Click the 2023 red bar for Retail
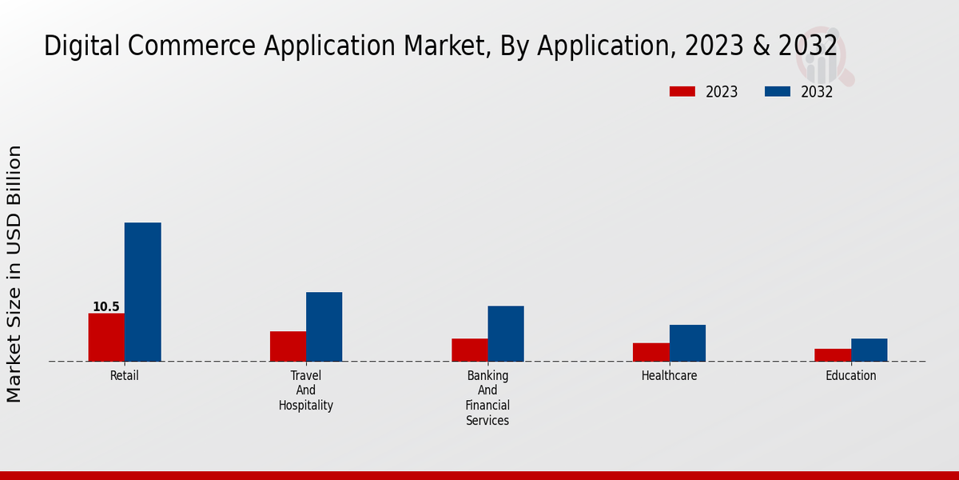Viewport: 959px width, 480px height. (x=106, y=337)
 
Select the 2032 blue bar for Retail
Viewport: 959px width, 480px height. (x=142, y=292)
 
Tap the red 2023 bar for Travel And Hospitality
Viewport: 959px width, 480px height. (x=288, y=346)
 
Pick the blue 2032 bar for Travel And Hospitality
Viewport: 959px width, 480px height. (x=324, y=326)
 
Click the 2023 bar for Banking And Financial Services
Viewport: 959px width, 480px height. (x=469, y=350)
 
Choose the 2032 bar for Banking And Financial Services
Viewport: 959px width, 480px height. (x=506, y=334)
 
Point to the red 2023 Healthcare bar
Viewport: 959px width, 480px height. (x=651, y=352)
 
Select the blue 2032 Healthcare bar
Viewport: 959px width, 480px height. (x=687, y=343)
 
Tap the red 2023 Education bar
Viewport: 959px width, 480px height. (x=832, y=355)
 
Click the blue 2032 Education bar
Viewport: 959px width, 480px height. (x=869, y=350)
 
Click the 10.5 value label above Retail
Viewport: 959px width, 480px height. (x=106, y=307)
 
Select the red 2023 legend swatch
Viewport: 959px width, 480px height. (x=682, y=91)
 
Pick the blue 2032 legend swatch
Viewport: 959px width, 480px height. (x=777, y=91)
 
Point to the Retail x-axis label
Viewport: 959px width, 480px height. (x=124, y=375)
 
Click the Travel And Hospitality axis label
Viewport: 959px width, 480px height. (x=306, y=390)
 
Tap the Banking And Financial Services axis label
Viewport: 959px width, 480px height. (x=487, y=398)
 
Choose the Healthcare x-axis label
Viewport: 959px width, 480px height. (x=669, y=375)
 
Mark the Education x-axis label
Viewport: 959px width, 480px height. (x=850, y=375)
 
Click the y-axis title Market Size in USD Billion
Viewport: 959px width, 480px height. (x=14, y=274)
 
